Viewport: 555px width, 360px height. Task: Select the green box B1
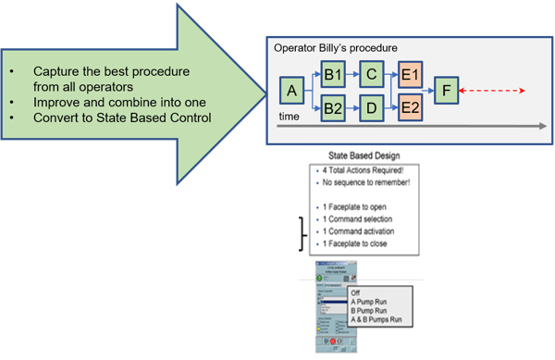coord(333,72)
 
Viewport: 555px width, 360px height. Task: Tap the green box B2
coord(333,111)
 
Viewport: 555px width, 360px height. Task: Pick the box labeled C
coord(370,72)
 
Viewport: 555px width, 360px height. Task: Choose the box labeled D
coord(370,111)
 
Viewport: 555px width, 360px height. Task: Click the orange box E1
coord(410,72)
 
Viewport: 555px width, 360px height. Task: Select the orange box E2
coord(410,111)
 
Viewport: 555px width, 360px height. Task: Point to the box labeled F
coord(448,91)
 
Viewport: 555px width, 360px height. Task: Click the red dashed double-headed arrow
coord(494,91)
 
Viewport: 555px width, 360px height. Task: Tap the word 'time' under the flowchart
coord(290,118)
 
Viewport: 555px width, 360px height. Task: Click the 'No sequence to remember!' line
coord(368,184)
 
